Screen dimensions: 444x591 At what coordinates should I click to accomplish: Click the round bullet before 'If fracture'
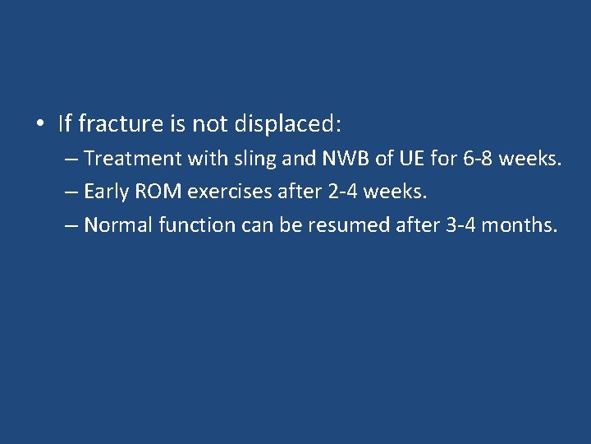pos(40,125)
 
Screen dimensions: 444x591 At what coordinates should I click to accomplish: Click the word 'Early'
pos(106,192)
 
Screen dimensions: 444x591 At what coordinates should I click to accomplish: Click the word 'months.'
pos(520,225)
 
